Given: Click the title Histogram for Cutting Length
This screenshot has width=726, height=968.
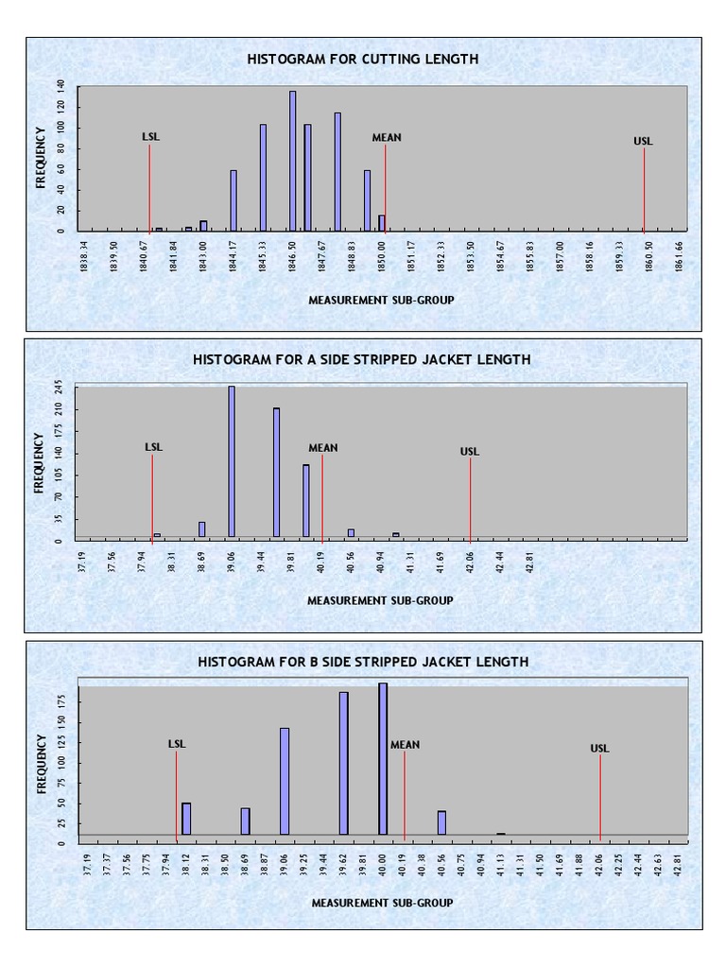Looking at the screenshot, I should pos(363,59).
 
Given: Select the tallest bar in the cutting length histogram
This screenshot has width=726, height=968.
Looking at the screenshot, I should pos(292,161).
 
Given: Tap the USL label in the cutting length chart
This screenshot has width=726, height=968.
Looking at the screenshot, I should pos(643,142).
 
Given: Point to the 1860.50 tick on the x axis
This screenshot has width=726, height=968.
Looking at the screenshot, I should pos(649,256).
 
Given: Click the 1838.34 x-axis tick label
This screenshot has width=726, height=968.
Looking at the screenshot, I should pos(84,256).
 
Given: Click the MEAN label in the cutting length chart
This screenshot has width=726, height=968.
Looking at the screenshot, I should pos(386,137).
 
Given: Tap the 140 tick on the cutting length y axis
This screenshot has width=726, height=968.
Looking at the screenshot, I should pos(60,85).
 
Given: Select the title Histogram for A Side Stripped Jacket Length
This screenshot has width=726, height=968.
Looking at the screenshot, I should pos(361,359).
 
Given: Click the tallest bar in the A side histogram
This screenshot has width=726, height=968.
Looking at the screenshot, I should pos(232,461).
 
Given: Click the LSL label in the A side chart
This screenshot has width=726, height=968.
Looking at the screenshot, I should pos(153,447).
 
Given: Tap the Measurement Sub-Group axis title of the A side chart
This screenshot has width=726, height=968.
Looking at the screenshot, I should pos(380,600).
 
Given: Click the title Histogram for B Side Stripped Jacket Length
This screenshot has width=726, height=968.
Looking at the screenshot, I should pos(363,662).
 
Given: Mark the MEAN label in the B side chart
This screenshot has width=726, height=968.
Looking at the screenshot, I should pos(405,745).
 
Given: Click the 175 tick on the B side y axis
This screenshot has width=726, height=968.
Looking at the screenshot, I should pos(60,700).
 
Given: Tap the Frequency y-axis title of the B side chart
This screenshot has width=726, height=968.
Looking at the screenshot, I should pos(42,763).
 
